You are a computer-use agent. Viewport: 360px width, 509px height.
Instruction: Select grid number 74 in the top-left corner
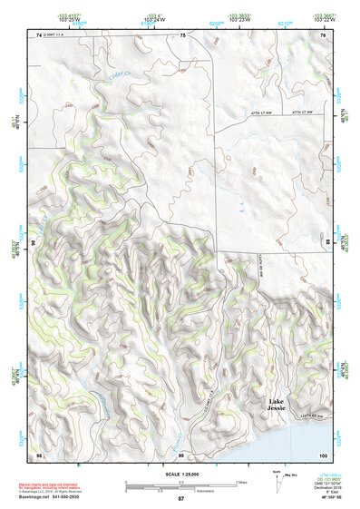(x=39, y=34)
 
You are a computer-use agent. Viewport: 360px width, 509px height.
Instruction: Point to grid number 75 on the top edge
(x=182, y=34)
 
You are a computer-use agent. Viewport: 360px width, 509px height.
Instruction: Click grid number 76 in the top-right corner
(x=324, y=34)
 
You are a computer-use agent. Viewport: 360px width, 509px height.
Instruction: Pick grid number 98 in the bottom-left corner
(x=39, y=453)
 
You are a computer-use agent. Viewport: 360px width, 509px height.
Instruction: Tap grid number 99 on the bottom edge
(x=181, y=453)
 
